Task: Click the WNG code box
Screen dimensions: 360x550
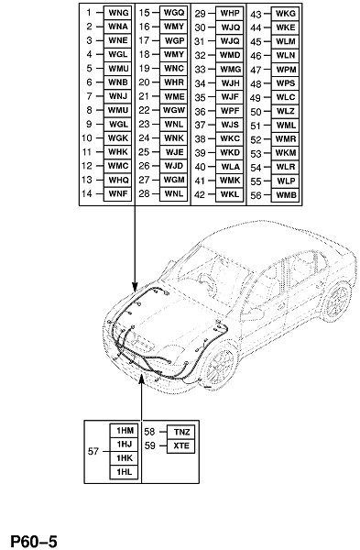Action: coord(118,13)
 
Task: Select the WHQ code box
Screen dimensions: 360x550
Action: coord(118,180)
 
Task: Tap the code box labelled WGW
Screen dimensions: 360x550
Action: coord(174,110)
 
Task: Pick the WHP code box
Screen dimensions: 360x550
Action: coord(230,14)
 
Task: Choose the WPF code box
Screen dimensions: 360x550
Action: coord(230,111)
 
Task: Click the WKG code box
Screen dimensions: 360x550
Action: coord(285,14)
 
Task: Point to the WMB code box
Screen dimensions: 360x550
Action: coord(285,195)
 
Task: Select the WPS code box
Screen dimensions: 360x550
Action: coord(285,83)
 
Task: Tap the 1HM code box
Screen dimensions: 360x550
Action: coord(124,431)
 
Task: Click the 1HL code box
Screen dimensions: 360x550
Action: coord(124,472)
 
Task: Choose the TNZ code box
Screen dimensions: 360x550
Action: coord(180,432)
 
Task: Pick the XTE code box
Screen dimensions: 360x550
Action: coord(180,445)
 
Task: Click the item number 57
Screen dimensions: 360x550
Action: coord(93,451)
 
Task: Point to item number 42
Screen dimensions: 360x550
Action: coord(200,194)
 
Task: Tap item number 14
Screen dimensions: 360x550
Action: coord(87,193)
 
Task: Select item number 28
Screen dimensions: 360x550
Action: coord(144,193)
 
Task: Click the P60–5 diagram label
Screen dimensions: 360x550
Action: coord(34,541)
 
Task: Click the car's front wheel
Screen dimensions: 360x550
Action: coord(220,366)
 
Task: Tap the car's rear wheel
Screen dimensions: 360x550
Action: coord(336,301)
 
